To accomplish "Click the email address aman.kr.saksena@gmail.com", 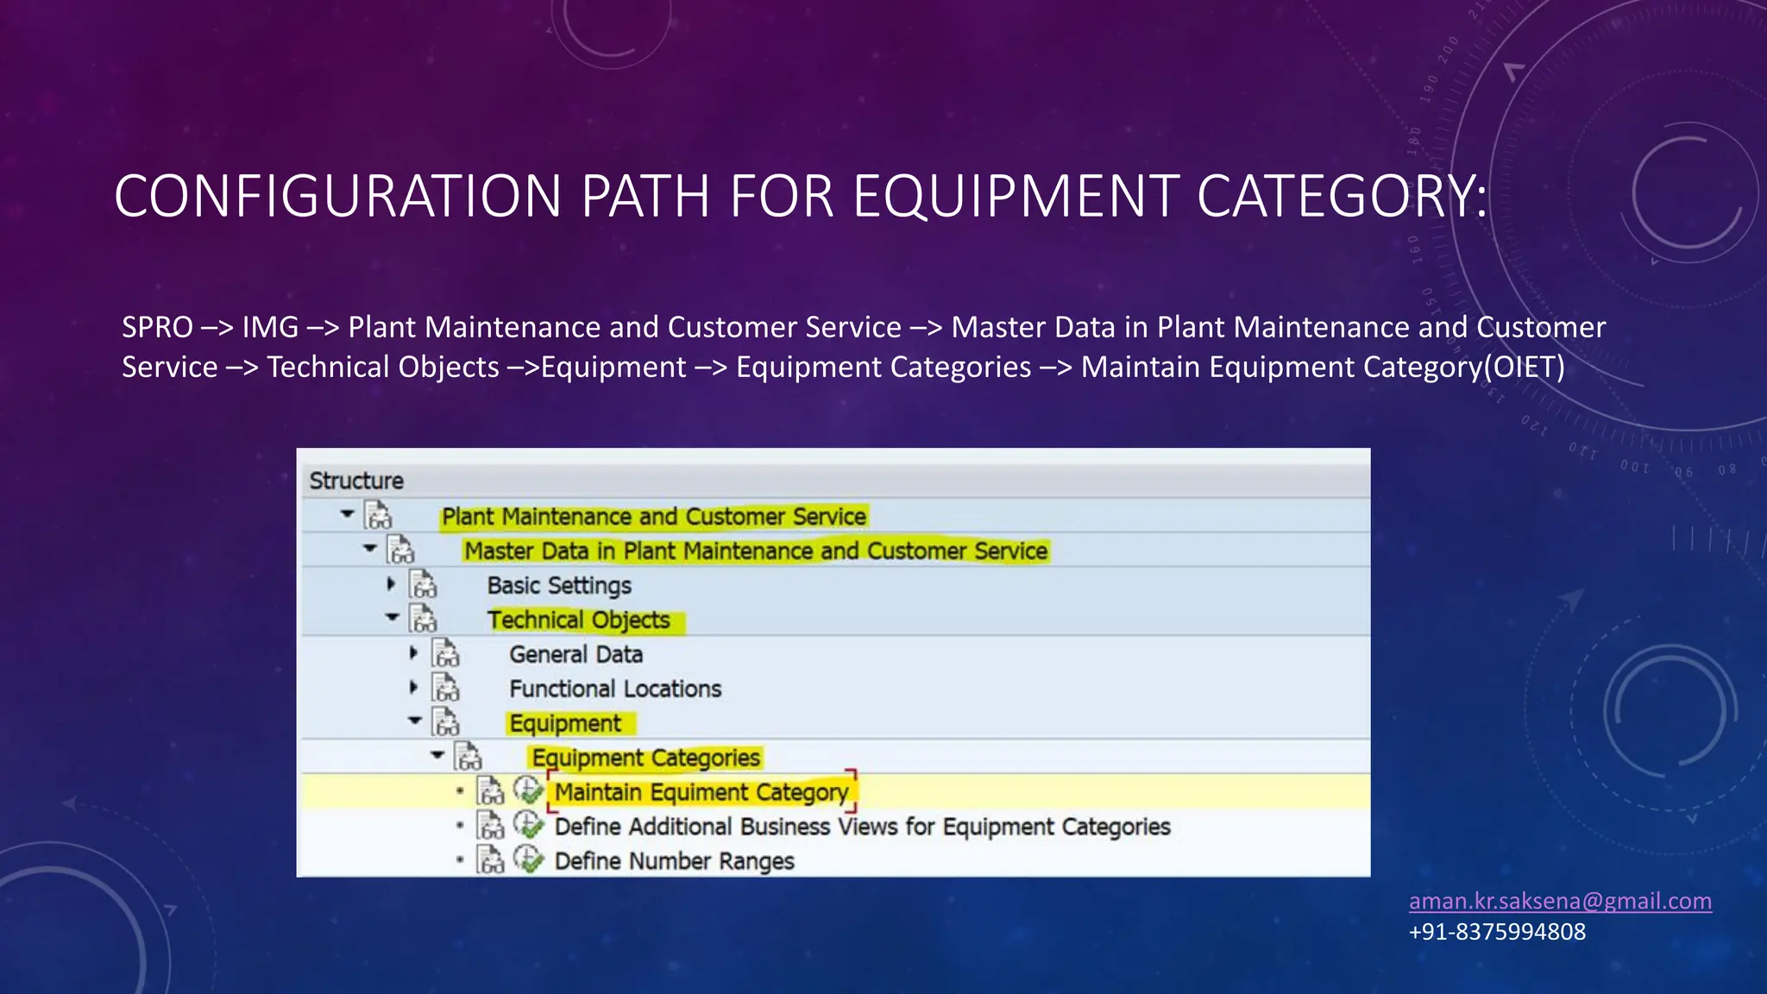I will click(1560, 901).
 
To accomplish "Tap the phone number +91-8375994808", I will click(1497, 932).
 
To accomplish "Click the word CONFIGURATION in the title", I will click(337, 196).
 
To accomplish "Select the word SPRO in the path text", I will click(157, 327).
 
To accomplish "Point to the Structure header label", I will click(356, 481).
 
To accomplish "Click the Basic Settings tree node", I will click(559, 585).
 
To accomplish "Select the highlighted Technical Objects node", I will click(579, 620).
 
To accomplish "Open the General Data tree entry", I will click(575, 654).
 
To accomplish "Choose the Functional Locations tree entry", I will click(615, 689).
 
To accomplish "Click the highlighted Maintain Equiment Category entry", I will click(701, 791).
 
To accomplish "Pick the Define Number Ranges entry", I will click(674, 860).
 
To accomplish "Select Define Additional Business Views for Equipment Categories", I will click(862, 826).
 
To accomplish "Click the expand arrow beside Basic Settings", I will click(391, 584).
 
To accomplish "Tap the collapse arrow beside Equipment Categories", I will click(437, 755).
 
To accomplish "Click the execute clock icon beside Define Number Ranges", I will click(528, 859).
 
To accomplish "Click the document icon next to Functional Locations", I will click(446, 689).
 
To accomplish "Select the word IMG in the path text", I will click(270, 327).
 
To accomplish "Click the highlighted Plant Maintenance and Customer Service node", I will click(653, 516).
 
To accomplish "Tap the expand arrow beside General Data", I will click(413, 653).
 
